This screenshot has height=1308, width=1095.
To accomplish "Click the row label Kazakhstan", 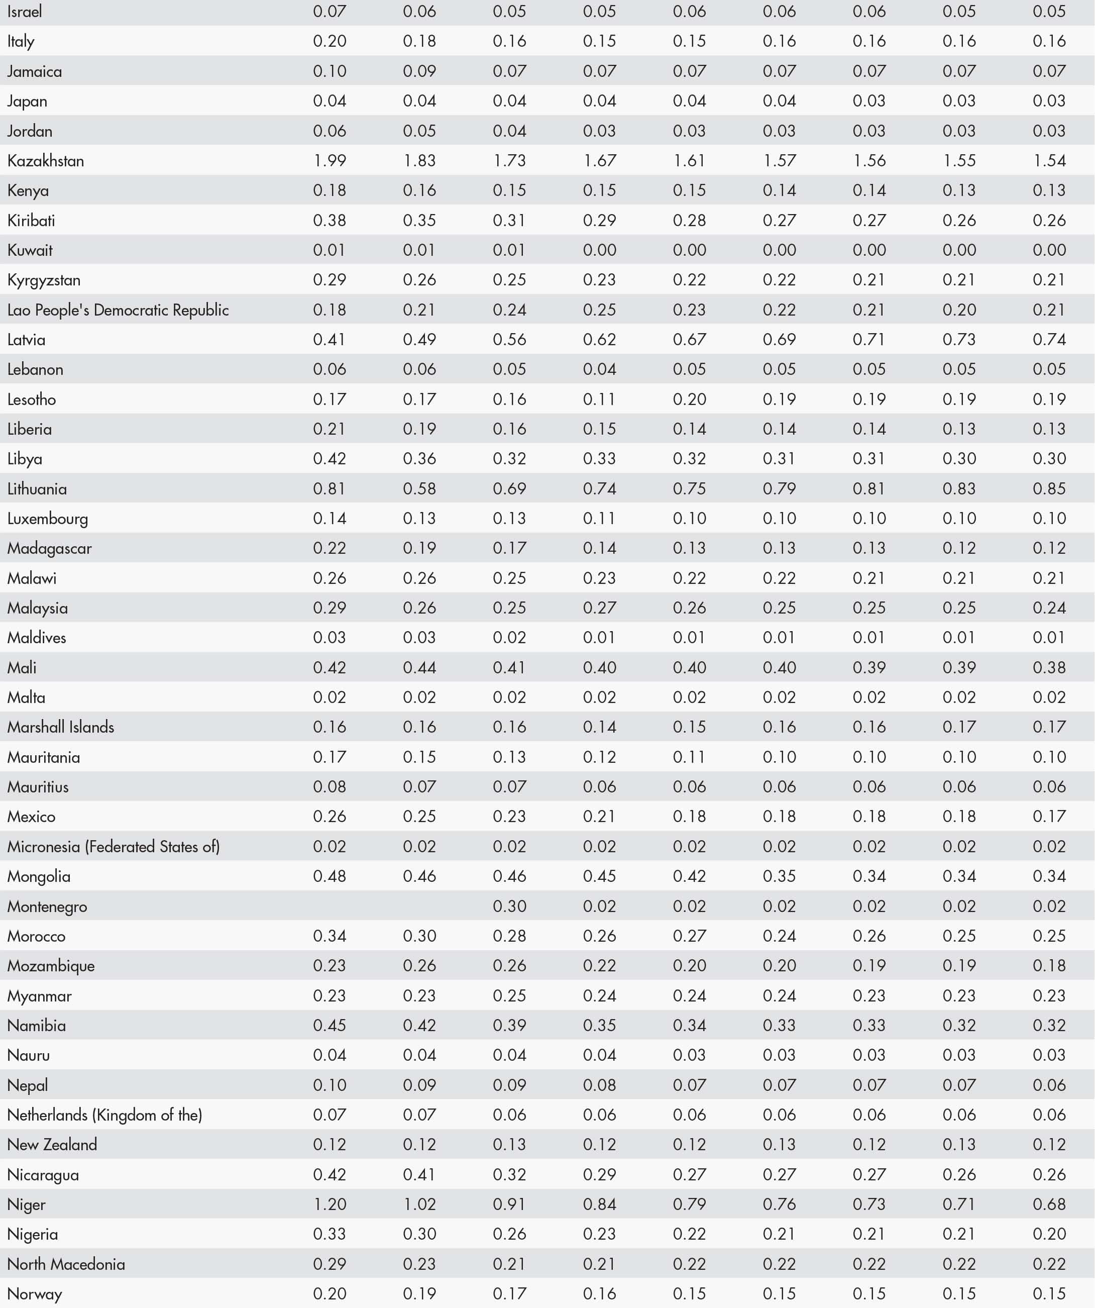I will [45, 161].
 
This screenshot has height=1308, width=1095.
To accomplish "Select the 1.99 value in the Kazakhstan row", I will [330, 161].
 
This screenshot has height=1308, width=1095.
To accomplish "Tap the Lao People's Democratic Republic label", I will [118, 310].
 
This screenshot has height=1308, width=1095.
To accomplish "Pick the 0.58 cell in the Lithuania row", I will [419, 488].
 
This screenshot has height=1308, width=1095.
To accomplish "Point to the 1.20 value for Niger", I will [330, 1204].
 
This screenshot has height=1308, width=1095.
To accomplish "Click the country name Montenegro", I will [47, 907].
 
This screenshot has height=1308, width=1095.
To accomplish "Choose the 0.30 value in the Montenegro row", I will [509, 907].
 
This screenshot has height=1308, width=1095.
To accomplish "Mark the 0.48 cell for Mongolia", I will [330, 876].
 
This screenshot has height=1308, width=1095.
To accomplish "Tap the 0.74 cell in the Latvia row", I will [1049, 340].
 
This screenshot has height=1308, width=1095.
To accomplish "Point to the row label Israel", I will [25, 11].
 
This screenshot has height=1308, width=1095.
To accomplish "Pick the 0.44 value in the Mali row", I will [419, 668].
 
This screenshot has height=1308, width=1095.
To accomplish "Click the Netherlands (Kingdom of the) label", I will [104, 1115].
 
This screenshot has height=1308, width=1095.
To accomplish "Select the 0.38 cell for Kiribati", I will [330, 221].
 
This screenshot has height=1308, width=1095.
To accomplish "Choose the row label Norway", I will [35, 1293].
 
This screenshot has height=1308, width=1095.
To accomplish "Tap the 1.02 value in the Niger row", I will [419, 1204].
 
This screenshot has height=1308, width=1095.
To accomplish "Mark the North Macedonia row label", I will [66, 1264].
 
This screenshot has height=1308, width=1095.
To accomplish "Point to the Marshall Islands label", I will [60, 727].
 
